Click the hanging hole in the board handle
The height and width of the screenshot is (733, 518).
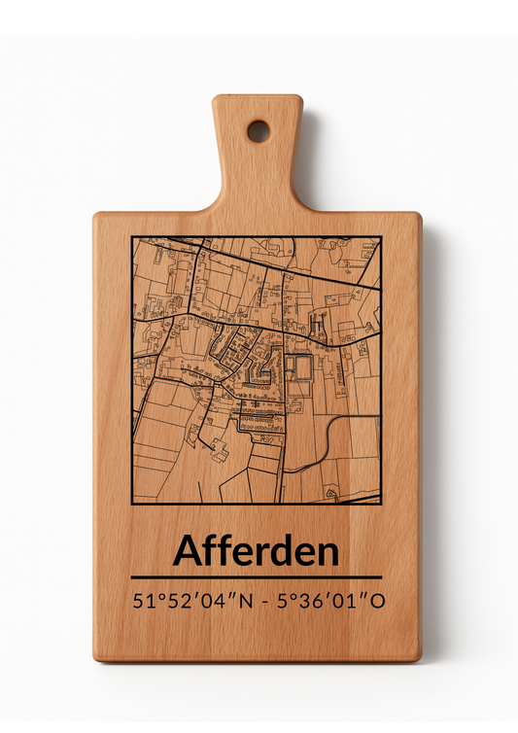(258, 131)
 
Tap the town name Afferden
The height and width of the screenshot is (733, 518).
(257, 551)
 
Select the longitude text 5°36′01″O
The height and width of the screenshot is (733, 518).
(330, 600)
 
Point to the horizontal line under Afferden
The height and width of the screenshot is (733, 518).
(257, 577)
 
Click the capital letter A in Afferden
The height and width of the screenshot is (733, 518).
(188, 551)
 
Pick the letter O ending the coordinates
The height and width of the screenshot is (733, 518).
(377, 600)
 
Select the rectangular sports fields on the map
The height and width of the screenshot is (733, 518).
(297, 373)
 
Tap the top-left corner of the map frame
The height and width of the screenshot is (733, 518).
(132, 237)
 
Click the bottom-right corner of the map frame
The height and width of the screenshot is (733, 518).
(380, 504)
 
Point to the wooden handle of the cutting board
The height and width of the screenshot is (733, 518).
(258, 156)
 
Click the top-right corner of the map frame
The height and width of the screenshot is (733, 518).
(380, 237)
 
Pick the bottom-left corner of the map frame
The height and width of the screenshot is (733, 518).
(132, 504)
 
